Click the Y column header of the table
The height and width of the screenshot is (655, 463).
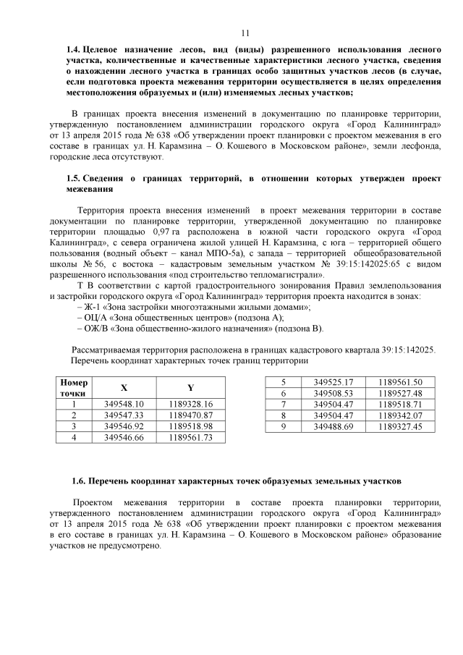tap(190, 387)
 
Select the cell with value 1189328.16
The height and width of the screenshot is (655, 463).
tap(190, 404)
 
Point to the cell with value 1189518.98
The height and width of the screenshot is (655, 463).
tap(190, 426)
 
